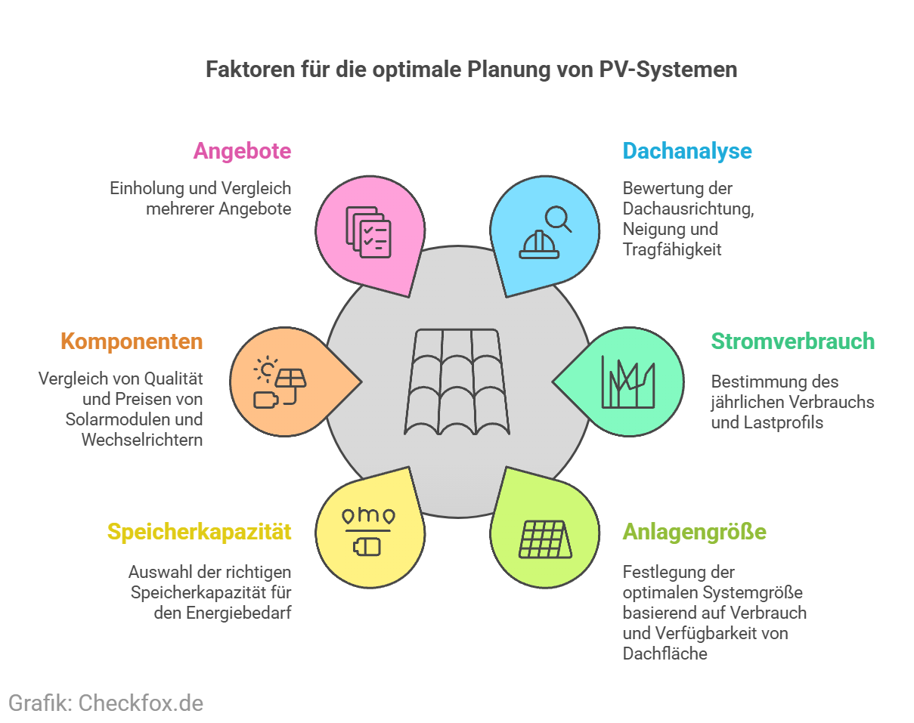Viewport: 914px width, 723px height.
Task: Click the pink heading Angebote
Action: pyautogui.click(x=242, y=151)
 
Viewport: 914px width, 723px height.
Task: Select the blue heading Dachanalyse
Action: pyautogui.click(x=686, y=151)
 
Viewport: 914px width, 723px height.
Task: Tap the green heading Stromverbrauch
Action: pyautogui.click(x=792, y=341)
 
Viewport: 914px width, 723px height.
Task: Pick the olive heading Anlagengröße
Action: pyautogui.click(x=694, y=532)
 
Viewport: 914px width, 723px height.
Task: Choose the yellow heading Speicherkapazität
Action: pyautogui.click(x=199, y=532)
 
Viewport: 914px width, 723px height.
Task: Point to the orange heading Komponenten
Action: pyautogui.click(x=132, y=341)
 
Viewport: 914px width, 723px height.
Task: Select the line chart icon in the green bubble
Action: pyautogui.click(x=627, y=382)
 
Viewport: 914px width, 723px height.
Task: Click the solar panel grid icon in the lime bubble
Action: pyautogui.click(x=543, y=539)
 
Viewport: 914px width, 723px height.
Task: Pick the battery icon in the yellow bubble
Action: pyautogui.click(x=368, y=545)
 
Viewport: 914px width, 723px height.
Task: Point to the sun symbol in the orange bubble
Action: pyautogui.click(x=266, y=369)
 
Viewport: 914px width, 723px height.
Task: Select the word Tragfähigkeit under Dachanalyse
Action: pyautogui.click(x=672, y=249)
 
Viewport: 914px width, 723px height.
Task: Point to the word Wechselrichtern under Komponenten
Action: pyautogui.click(x=142, y=440)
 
